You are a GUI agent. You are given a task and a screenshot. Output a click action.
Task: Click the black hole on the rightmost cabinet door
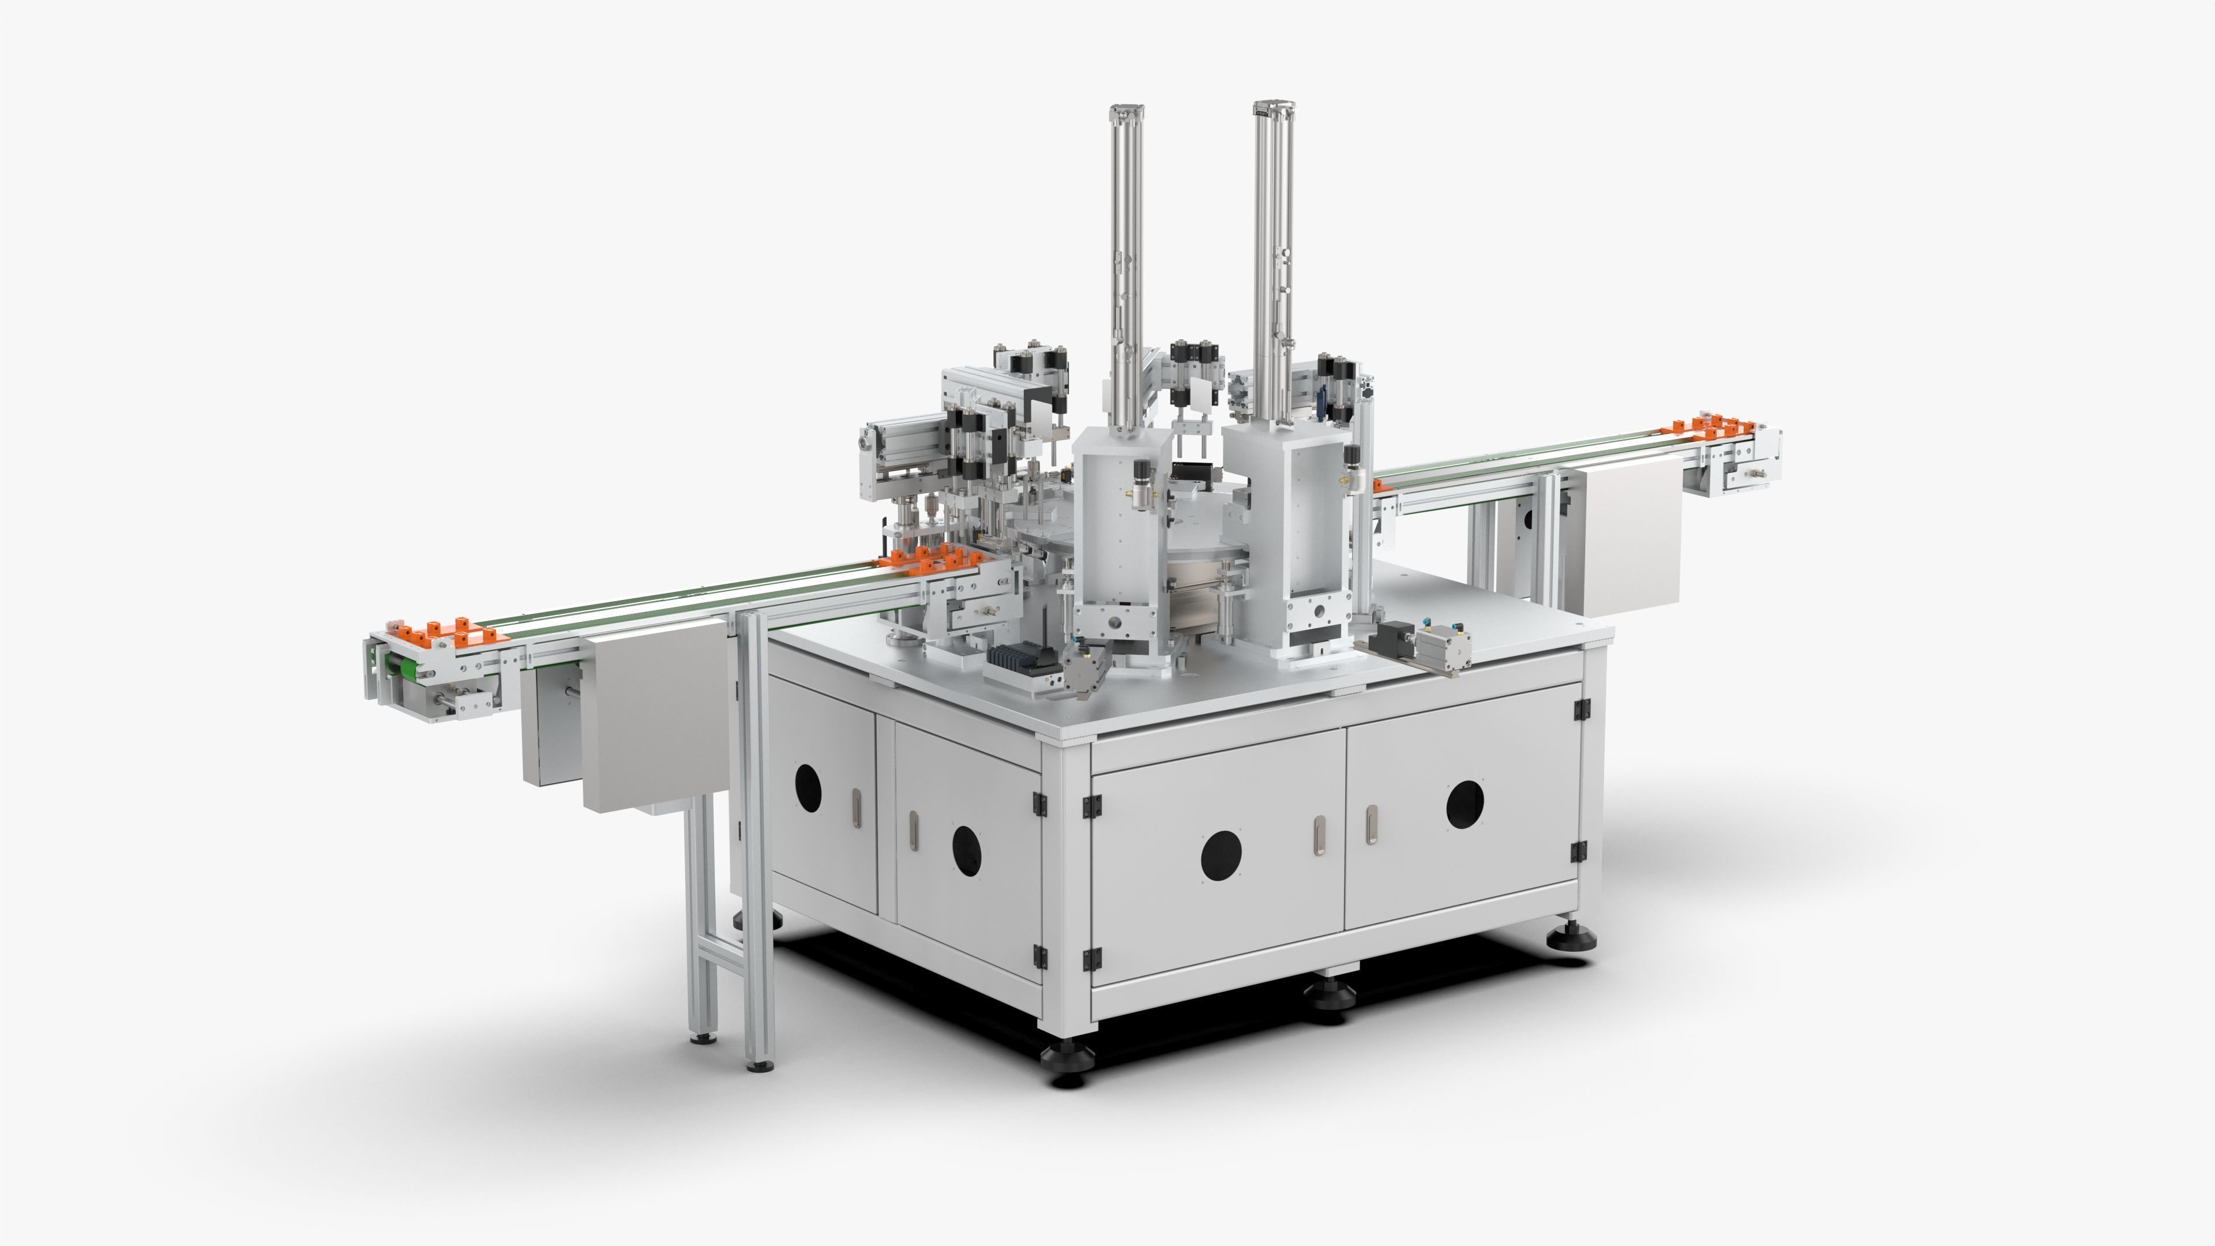(1465, 805)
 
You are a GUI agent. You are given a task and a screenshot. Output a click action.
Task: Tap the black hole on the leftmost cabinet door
(808, 787)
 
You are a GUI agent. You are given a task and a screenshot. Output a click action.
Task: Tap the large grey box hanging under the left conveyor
(656, 715)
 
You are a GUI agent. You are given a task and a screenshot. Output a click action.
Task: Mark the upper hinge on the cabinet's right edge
(1580, 710)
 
